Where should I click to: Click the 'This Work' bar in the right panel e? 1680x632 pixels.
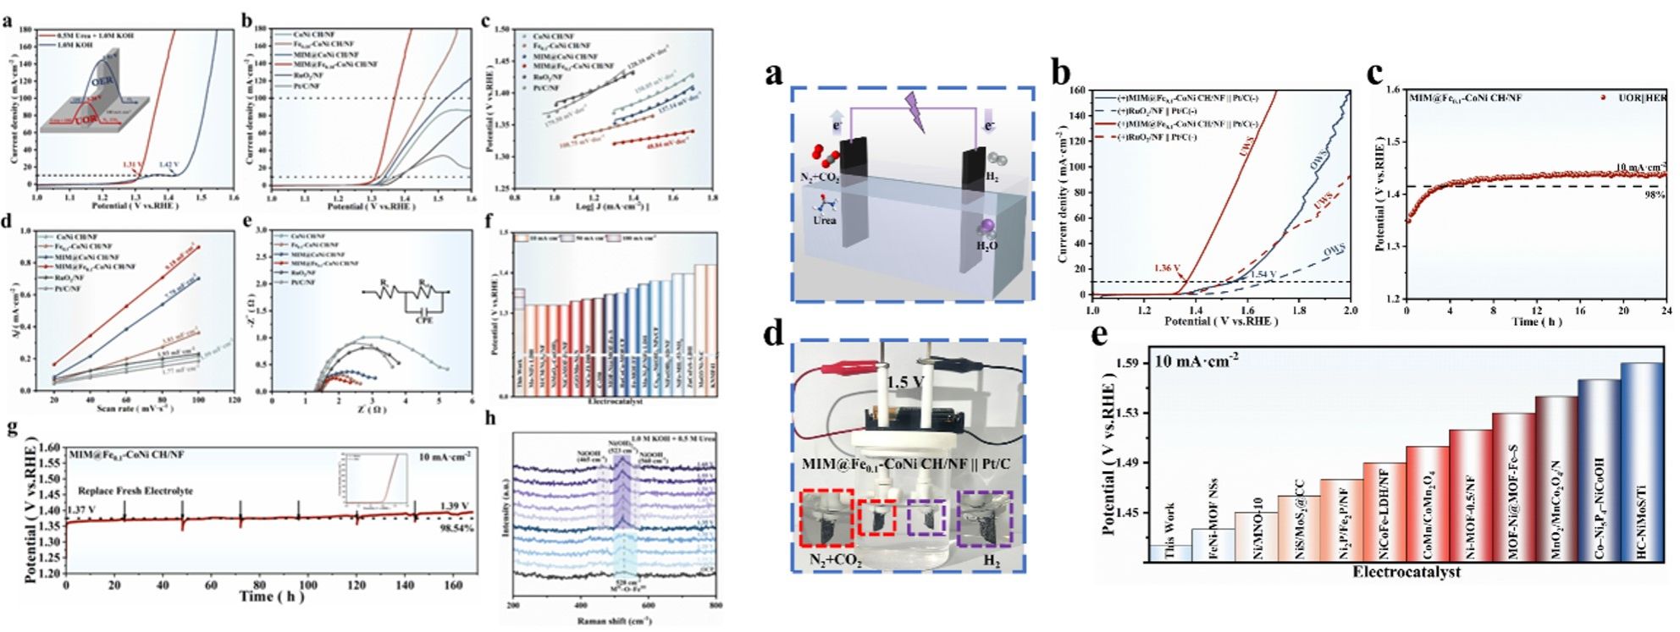[x=1169, y=552]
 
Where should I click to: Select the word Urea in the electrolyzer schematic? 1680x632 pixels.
[x=824, y=221]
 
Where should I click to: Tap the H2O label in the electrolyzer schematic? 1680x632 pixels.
[x=987, y=246]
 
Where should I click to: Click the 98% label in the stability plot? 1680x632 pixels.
[x=1654, y=195]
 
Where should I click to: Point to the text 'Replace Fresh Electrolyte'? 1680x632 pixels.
[x=135, y=491]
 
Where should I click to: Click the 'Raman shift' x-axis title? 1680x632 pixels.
[x=613, y=622]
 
